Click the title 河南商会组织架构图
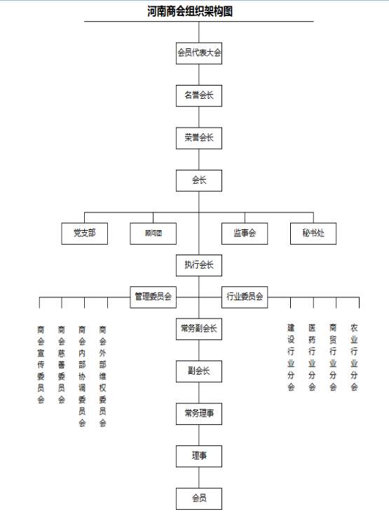click(190, 11)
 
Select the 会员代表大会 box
click(199, 53)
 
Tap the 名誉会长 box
click(199, 95)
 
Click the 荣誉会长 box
click(199, 138)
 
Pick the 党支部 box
click(84, 234)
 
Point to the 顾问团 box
click(153, 234)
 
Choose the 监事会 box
click(245, 234)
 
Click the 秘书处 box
click(313, 234)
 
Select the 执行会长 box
click(199, 265)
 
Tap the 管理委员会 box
click(153, 297)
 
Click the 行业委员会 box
click(245, 297)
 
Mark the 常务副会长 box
click(199, 329)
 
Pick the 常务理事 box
click(199, 414)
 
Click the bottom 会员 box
click(199, 499)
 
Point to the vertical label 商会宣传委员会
click(41, 365)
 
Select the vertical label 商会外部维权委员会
click(102, 376)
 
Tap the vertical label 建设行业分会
click(291, 357)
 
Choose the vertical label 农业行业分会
click(354, 357)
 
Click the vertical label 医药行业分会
click(312, 357)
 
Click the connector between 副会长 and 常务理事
click(199, 393)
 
